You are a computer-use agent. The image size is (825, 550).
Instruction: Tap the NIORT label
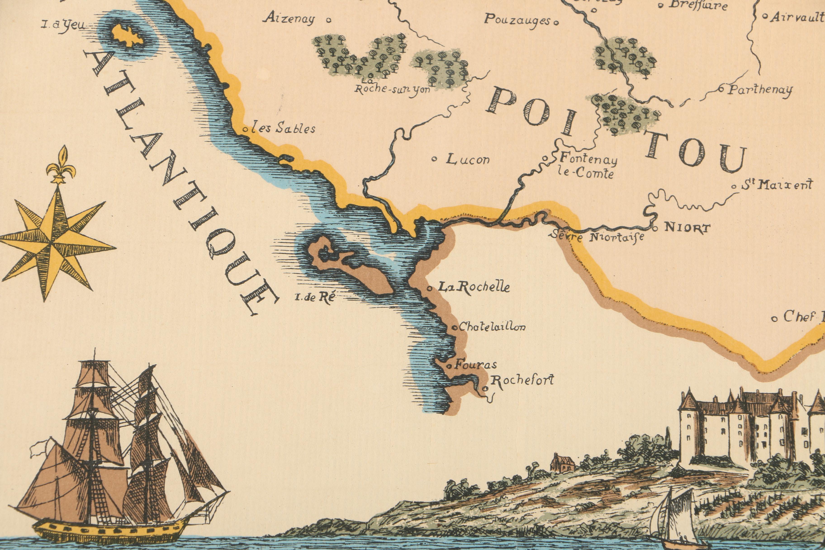pyautogui.click(x=687, y=228)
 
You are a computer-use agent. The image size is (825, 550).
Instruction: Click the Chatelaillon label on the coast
pyautogui.click(x=492, y=327)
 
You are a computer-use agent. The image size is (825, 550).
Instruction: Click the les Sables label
pyautogui.click(x=284, y=128)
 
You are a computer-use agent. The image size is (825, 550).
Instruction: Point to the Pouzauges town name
pyautogui.click(x=517, y=20)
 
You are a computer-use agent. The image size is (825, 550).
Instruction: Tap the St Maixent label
pyautogui.click(x=776, y=185)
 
